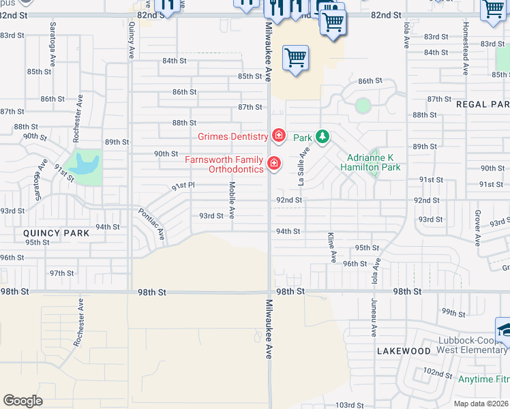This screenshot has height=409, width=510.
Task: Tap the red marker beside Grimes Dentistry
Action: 278,136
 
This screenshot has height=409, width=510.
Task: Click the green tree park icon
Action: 322,137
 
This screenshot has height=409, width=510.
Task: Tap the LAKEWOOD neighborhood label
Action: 404,351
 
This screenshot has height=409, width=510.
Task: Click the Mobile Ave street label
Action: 232,199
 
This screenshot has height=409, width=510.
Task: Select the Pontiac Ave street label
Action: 151,224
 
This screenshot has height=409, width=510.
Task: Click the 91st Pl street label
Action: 183,185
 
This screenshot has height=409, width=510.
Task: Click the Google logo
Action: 23,400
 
